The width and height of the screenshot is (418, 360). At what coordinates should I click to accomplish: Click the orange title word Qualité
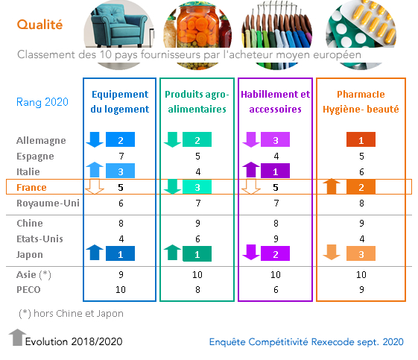click(x=39, y=25)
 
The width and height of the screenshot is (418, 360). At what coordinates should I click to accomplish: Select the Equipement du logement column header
click(x=120, y=101)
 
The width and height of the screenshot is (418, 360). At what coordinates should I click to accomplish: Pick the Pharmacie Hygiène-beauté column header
click(x=361, y=101)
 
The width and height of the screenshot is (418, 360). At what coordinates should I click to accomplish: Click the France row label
click(x=31, y=188)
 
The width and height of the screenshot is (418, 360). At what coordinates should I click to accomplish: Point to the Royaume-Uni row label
click(x=48, y=203)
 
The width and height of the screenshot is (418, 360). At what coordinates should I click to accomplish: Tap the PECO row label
click(x=28, y=290)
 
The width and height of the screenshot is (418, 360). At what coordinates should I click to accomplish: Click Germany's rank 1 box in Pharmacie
click(x=361, y=139)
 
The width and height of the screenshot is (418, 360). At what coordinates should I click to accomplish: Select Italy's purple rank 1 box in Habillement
click(x=275, y=171)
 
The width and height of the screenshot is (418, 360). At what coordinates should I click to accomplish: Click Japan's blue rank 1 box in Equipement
click(x=120, y=253)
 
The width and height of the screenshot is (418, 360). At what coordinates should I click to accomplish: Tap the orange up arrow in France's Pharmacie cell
click(x=332, y=186)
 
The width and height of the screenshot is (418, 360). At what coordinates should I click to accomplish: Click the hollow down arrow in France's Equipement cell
click(x=95, y=186)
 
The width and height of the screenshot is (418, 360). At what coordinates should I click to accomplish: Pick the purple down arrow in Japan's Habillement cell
click(x=251, y=252)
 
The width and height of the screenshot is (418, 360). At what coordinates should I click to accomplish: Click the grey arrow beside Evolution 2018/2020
click(x=18, y=338)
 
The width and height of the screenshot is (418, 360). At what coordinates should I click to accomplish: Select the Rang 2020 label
click(x=42, y=102)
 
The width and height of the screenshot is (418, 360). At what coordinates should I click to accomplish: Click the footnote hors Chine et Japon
click(x=71, y=314)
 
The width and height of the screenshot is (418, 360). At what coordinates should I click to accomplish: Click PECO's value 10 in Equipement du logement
click(x=121, y=290)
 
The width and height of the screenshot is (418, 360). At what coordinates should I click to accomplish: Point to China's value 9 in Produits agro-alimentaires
click(x=197, y=223)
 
